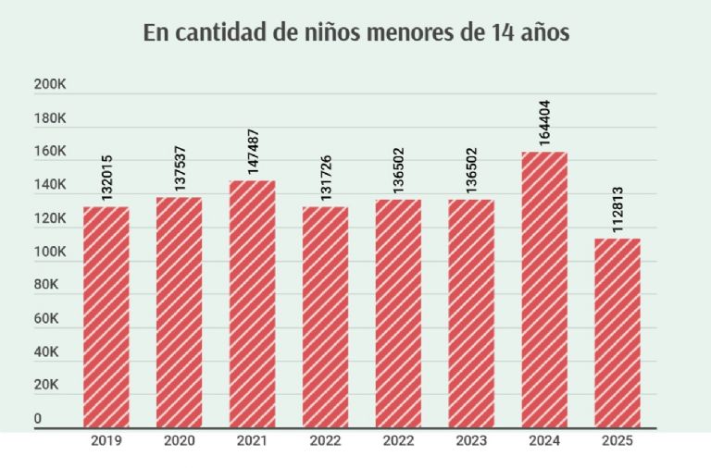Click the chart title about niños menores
[355, 32]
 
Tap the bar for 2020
[179, 312]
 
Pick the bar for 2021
[252, 303]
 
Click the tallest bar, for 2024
[544, 289]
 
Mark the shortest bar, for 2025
[617, 333]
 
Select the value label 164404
[544, 122]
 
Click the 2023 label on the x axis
[471, 441]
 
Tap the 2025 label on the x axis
[617, 441]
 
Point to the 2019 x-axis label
[106, 441]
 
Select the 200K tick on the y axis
[49, 85]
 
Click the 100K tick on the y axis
[49, 252]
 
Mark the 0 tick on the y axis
[38, 419]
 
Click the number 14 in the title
[493, 32]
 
